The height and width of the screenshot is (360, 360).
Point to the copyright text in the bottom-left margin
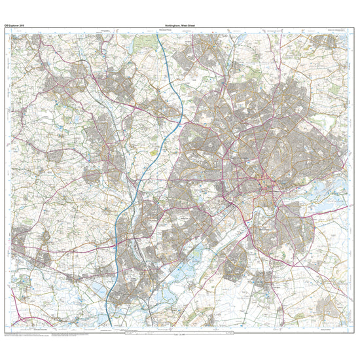[x=26, y=336]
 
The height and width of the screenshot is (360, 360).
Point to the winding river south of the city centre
[x=216, y=232]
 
